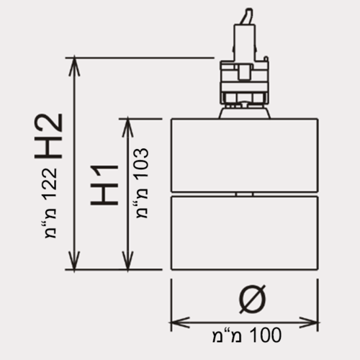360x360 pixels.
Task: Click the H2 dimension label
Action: point(48,136)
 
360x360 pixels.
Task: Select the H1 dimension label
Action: point(104,185)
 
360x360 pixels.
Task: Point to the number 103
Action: point(142,164)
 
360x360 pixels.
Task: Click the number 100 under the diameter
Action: point(266,335)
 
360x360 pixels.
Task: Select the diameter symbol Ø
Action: point(252,300)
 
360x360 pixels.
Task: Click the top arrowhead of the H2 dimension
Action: point(74,66)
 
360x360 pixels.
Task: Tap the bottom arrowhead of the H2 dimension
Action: point(74,261)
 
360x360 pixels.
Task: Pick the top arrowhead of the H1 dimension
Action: point(127,127)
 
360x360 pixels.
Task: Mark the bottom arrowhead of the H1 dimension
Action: point(127,261)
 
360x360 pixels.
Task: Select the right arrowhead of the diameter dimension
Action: point(309,323)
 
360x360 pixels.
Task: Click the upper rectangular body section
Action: point(245,156)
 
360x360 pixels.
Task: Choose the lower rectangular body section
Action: point(245,233)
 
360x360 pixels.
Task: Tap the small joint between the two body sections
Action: point(244,194)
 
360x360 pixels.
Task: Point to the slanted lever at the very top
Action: point(248,17)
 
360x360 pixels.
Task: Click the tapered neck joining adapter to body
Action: point(245,113)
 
